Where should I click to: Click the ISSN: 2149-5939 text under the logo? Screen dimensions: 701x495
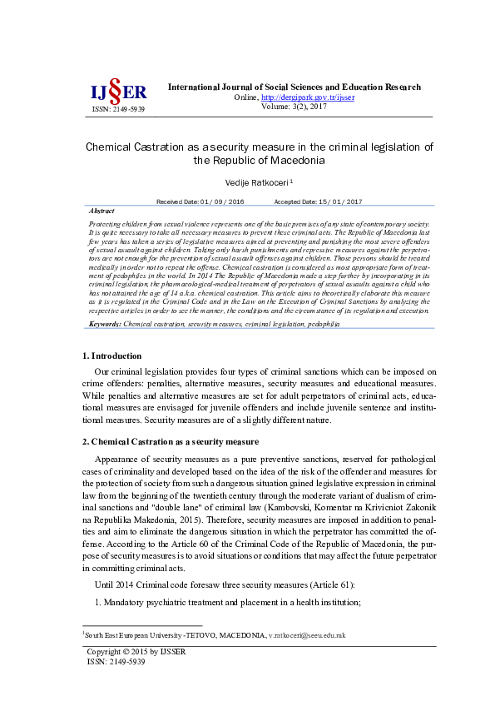[117, 109]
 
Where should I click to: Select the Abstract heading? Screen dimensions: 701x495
[101, 211]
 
